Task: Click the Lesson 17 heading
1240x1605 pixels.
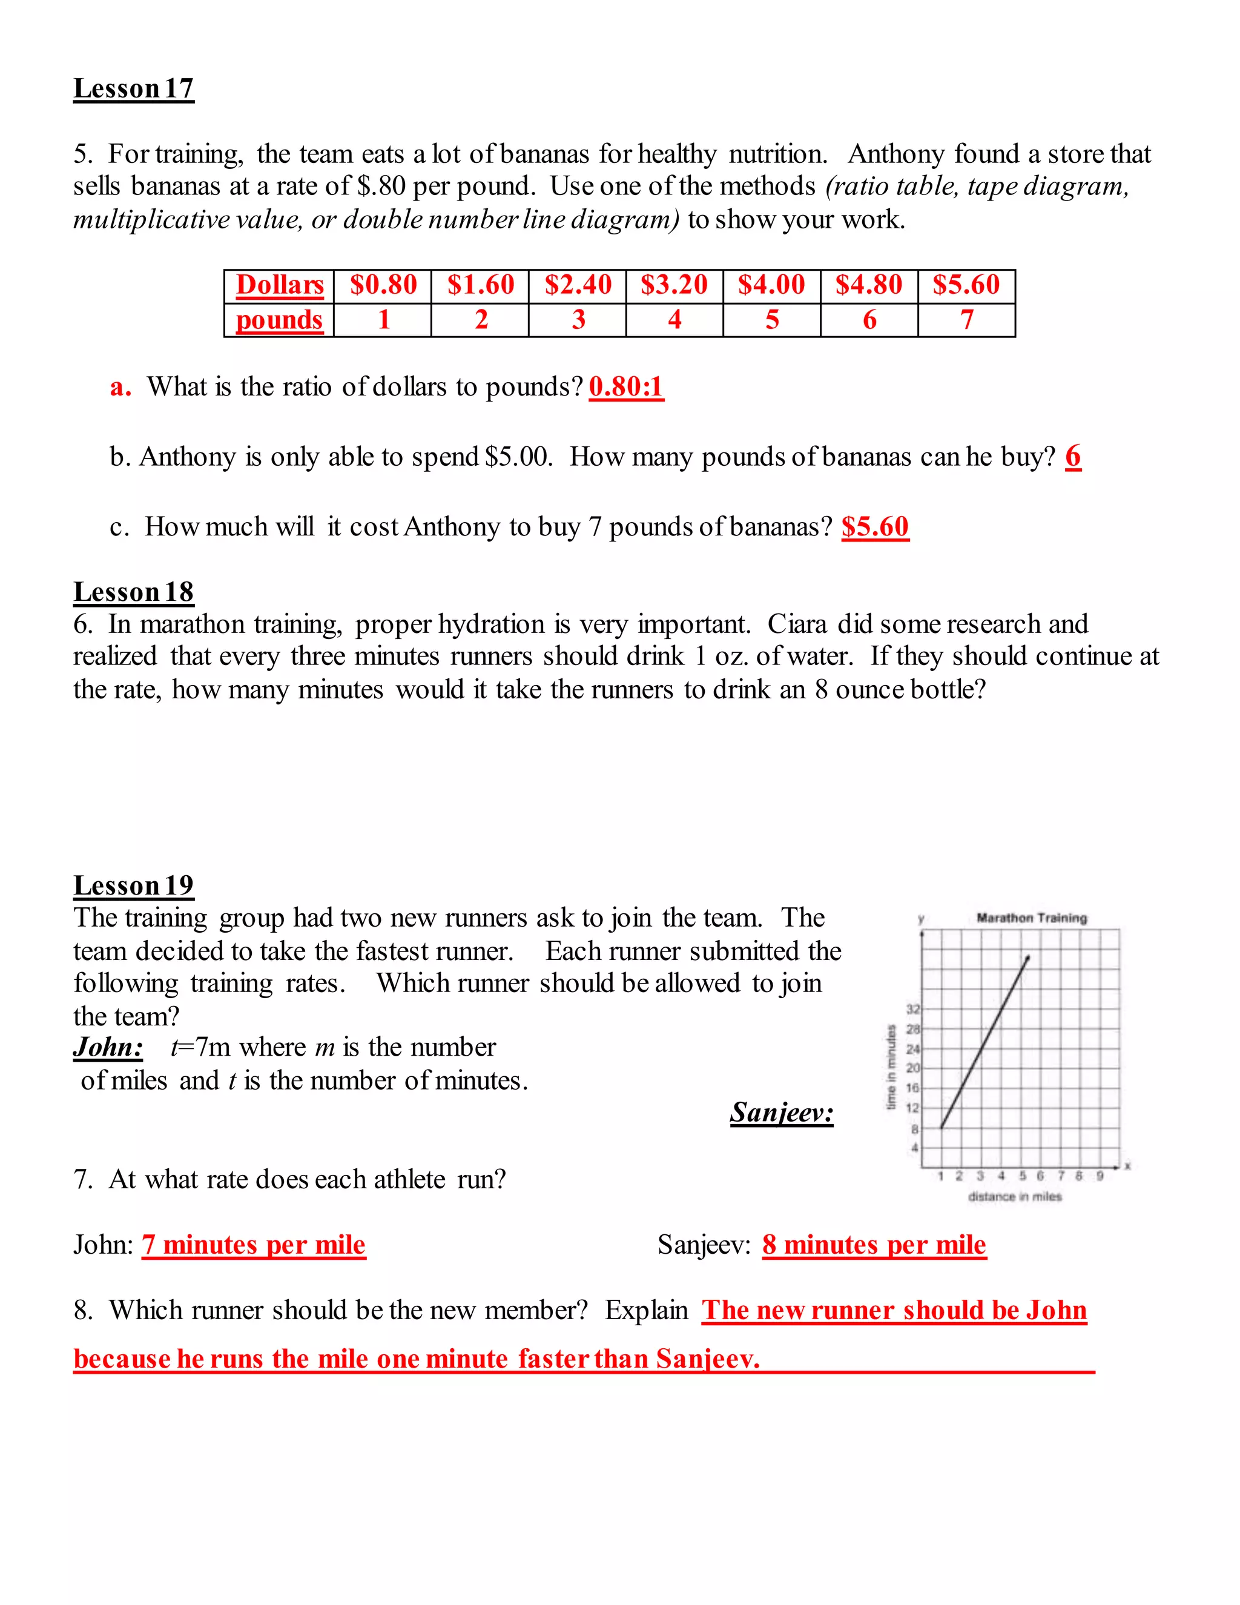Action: (134, 88)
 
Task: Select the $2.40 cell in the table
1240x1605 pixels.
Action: (578, 285)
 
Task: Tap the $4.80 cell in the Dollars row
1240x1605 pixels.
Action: (868, 285)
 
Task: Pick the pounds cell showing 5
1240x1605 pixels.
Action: (771, 320)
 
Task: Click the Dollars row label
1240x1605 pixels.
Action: (279, 285)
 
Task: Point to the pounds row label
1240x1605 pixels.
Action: (279, 320)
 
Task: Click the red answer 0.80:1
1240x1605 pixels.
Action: (626, 386)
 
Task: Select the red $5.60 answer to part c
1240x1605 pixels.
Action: (875, 527)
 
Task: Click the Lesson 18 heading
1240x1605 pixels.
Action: (134, 592)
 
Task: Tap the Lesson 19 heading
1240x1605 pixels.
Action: (134, 885)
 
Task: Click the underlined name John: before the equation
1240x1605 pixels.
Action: (108, 1047)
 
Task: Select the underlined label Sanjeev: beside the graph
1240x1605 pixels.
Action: (782, 1113)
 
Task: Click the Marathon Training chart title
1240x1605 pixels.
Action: (1031, 918)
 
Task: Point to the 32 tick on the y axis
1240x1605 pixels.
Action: (912, 1009)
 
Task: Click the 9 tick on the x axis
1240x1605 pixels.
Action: (1100, 1176)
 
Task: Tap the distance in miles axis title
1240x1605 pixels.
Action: (1015, 1196)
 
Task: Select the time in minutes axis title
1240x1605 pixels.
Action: (892, 1067)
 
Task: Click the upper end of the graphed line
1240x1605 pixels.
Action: (1027, 958)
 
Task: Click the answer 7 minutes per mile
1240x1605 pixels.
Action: (254, 1245)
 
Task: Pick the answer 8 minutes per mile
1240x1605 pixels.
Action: (874, 1245)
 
